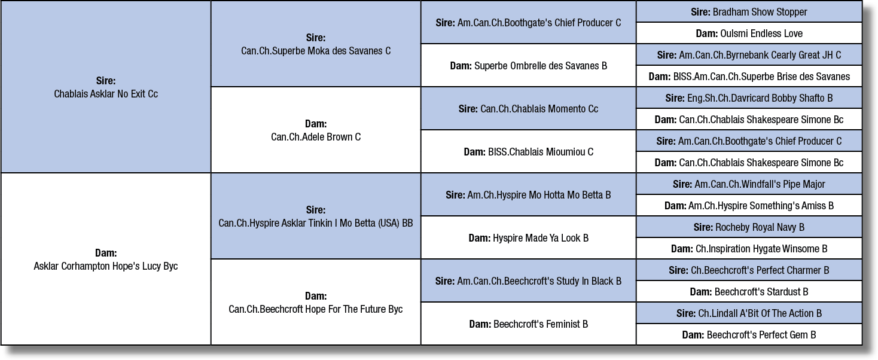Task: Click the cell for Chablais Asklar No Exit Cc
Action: [x=106, y=87]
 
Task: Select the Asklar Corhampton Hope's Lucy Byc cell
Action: [x=106, y=259]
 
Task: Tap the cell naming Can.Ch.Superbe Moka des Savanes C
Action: [x=316, y=44]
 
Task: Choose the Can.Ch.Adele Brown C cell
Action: [x=316, y=130]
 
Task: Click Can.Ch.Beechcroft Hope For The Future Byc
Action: [x=316, y=302]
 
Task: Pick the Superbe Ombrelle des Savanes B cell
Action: [x=528, y=65]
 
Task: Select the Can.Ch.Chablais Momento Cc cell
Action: [x=528, y=108]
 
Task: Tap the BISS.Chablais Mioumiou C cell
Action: [x=528, y=152]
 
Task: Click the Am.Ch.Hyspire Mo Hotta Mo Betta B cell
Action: [x=528, y=195]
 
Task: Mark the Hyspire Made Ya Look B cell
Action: [x=528, y=238]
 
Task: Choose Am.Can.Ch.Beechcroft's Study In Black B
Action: [x=528, y=281]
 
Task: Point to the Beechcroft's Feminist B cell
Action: [x=528, y=324]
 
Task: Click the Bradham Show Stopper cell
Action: [x=749, y=12]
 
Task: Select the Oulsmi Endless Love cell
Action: [x=749, y=33]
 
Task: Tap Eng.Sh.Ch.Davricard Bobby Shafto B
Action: [x=749, y=98]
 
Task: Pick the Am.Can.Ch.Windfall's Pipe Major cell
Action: [x=749, y=184]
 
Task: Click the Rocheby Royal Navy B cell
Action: [x=749, y=227]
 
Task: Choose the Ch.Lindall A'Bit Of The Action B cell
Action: [x=749, y=313]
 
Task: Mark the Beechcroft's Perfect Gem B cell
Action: [x=749, y=335]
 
